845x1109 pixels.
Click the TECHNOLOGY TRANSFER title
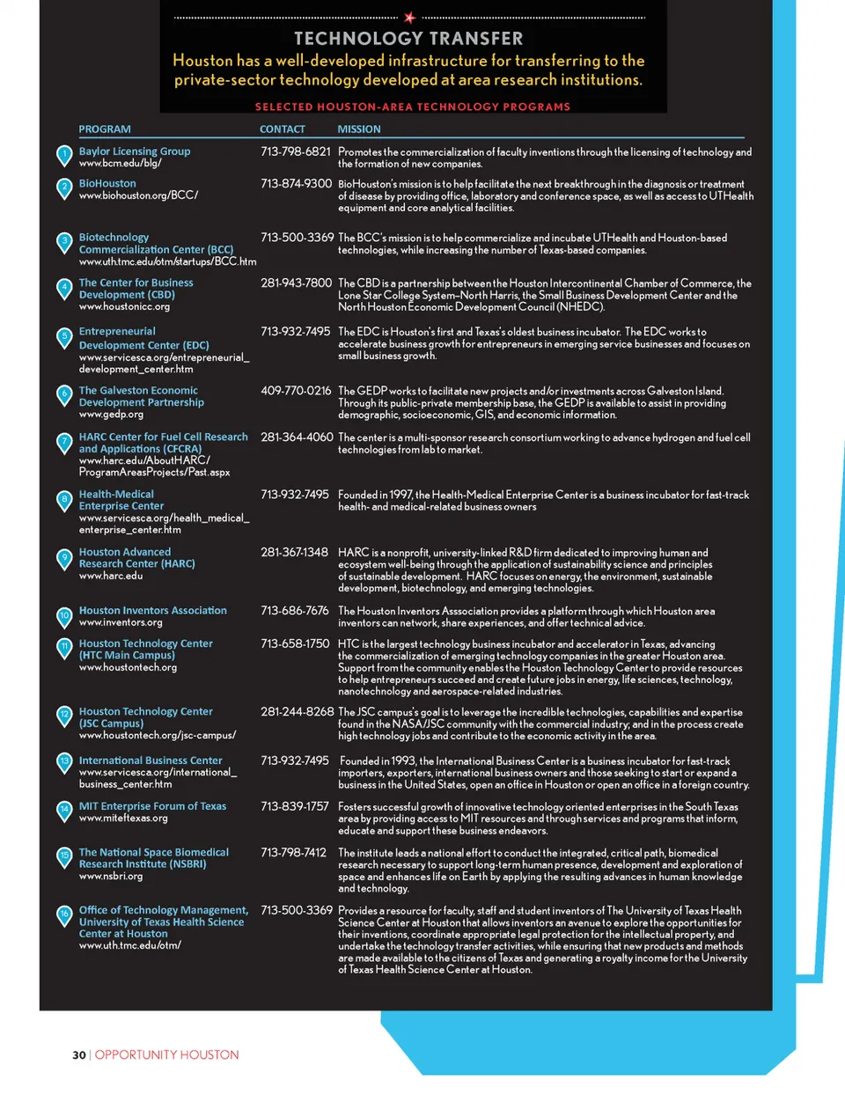(408, 39)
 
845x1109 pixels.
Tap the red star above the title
(409, 17)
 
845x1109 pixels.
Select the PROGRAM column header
(105, 129)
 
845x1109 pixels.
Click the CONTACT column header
(283, 129)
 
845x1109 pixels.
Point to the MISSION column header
(359, 129)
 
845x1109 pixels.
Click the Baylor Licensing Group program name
(135, 151)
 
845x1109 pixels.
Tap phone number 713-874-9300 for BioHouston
(296, 184)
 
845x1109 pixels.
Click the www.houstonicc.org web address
(124, 307)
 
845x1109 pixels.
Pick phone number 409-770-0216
(296, 391)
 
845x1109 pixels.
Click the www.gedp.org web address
(111, 415)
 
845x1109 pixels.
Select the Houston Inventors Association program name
(153, 611)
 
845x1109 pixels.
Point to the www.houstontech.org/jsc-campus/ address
(158, 736)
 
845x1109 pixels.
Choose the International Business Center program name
(151, 760)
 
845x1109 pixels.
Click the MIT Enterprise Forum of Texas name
(152, 806)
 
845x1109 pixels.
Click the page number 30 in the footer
(79, 1054)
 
